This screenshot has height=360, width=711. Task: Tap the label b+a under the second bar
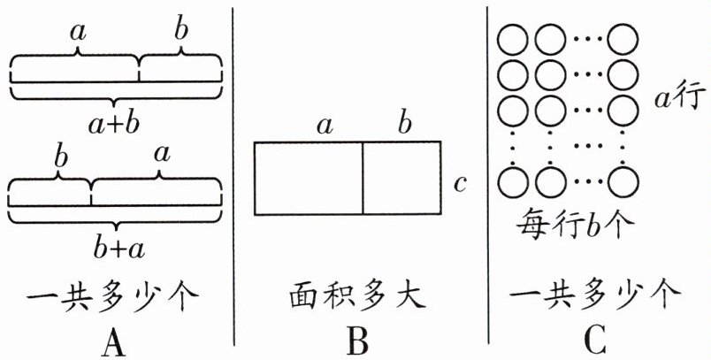pos(114,249)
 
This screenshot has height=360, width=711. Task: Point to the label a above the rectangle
pos(325,126)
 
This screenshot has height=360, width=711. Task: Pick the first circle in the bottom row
pos(512,182)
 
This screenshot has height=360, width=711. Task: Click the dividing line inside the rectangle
pos(363,178)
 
